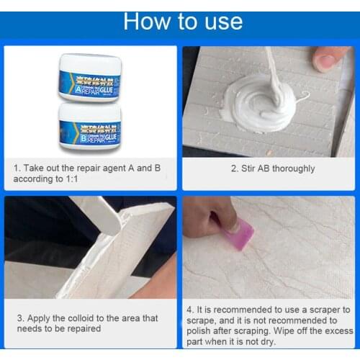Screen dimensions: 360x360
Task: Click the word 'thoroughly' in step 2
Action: (292, 168)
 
